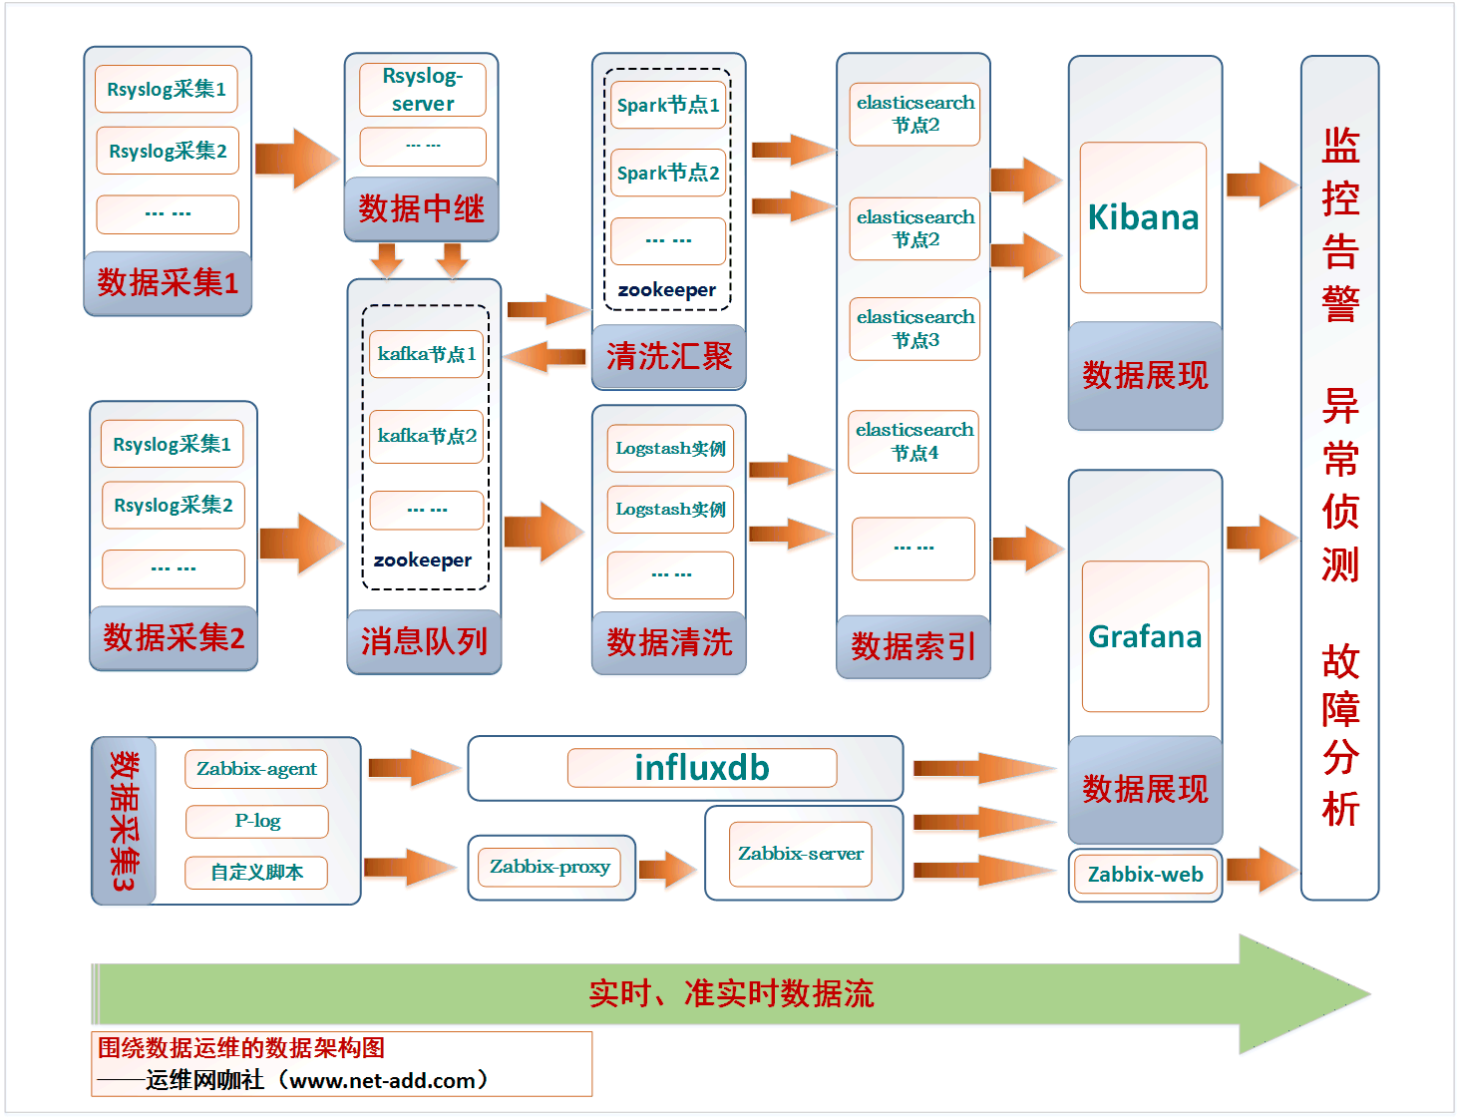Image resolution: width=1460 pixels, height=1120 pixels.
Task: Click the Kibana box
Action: point(1143,217)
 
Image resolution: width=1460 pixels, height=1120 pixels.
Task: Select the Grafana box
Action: point(1145,636)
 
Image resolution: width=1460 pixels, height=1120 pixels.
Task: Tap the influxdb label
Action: point(702,768)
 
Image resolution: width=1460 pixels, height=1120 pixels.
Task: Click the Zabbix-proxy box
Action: point(549,867)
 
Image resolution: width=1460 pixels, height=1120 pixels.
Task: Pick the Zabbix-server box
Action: point(800,854)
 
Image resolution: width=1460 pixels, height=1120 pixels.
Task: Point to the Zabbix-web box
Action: point(1145,875)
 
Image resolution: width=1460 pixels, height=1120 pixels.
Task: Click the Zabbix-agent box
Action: point(256,769)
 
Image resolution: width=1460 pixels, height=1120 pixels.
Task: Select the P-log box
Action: point(257,821)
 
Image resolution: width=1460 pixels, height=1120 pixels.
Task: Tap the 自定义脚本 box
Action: point(256,873)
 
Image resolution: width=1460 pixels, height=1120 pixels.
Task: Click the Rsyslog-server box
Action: point(422,90)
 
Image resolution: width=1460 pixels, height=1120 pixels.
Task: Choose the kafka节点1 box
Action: point(426,354)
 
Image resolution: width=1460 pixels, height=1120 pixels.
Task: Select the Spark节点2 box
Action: point(668,173)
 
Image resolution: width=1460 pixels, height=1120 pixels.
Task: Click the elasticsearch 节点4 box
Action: point(913,441)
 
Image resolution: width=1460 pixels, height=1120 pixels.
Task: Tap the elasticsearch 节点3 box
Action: point(914,328)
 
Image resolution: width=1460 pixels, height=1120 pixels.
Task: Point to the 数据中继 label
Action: point(421,208)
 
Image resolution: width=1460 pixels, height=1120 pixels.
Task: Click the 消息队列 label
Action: point(424,641)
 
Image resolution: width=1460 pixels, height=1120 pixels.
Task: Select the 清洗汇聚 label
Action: point(669,356)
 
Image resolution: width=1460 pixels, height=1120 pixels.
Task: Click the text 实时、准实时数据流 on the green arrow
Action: point(731,993)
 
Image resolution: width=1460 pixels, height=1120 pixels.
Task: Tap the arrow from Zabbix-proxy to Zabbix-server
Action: point(666,869)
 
